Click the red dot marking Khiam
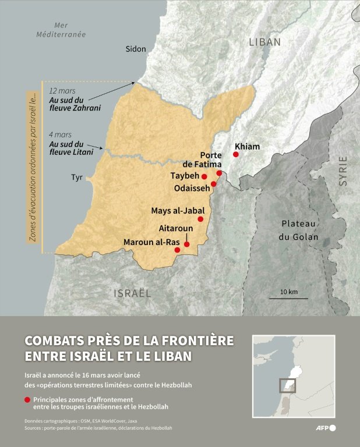236,154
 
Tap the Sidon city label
136,49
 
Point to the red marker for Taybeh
204,176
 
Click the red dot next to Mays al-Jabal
200,219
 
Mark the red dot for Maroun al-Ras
177,250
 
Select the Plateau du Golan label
299,230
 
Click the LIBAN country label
264,42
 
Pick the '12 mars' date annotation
62,91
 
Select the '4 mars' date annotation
60,134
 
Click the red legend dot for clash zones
27,400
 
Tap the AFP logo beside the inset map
324,428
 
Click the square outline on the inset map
287,386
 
